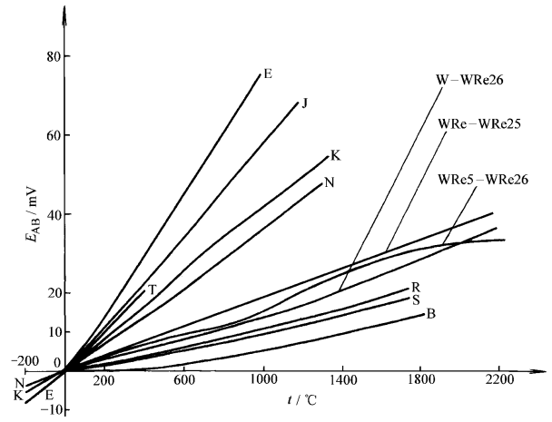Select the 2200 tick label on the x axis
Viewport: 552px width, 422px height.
(499, 380)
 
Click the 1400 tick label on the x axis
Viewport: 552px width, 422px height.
(341, 380)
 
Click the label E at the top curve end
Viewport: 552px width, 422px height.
(268, 74)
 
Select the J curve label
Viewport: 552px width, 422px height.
(304, 103)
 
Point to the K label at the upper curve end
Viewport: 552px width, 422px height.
(335, 156)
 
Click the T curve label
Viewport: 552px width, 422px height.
(152, 290)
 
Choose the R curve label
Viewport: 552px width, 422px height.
(416, 287)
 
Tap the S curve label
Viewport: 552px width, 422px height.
(416, 299)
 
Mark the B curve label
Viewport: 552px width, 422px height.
(430, 314)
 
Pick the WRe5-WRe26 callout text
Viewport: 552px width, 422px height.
(483, 178)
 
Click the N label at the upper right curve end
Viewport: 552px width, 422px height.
(329, 182)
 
